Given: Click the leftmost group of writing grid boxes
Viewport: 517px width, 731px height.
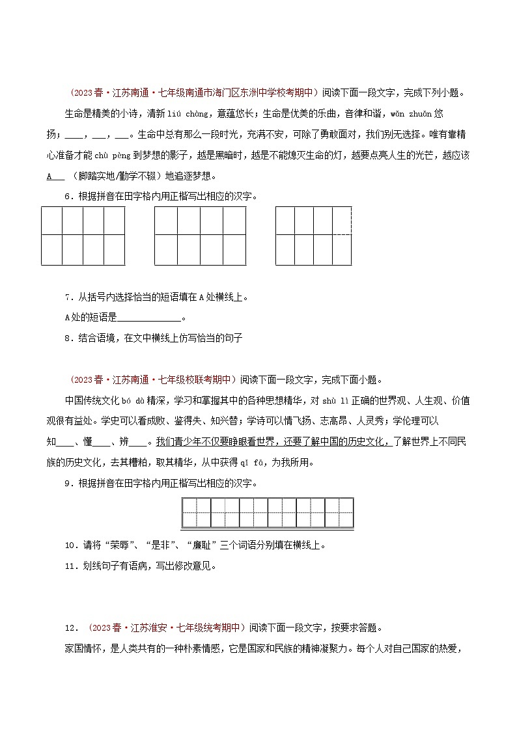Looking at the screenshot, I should coord(83,236).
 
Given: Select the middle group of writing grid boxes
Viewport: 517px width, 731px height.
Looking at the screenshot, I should coord(200,236).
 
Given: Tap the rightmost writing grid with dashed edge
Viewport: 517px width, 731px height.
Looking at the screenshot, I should coord(313,236).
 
